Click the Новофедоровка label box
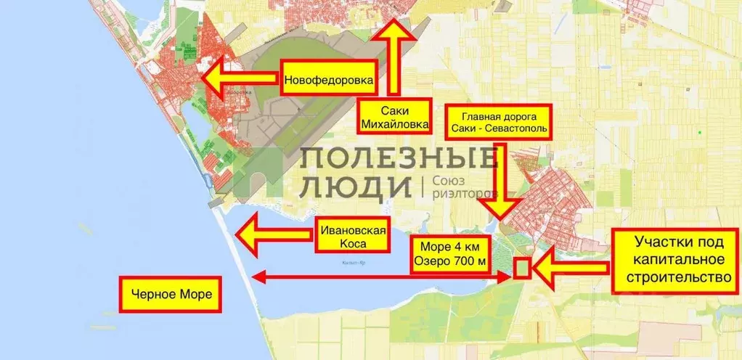tap(329, 81)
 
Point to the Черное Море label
tap(171, 295)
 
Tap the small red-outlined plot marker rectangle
tap(521, 268)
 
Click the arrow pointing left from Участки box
tap(569, 268)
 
